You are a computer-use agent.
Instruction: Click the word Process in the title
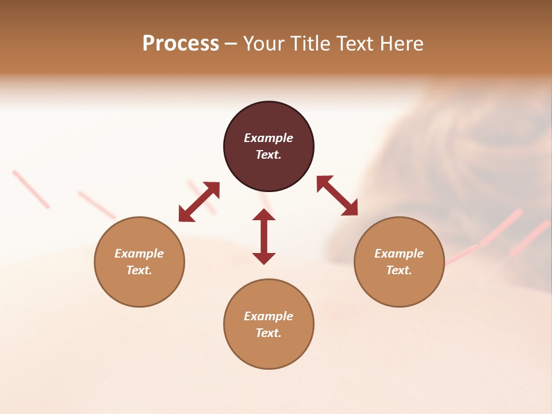coord(181,43)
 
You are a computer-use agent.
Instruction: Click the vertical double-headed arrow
coord(264,236)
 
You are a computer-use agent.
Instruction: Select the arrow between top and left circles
coord(199,202)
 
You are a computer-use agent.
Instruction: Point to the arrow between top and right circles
coord(337,195)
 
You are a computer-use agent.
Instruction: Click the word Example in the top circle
coord(269,138)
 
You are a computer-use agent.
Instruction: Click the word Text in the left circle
coord(139,270)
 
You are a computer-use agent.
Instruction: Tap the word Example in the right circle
coord(399,254)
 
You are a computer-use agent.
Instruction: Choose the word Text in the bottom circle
coord(269,333)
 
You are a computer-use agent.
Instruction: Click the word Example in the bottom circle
coord(269,316)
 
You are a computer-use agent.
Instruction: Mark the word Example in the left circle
coord(139,254)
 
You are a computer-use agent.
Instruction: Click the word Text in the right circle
coord(399,270)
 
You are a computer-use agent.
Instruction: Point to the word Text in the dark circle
coord(269,155)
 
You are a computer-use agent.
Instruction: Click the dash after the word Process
coord(231,44)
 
